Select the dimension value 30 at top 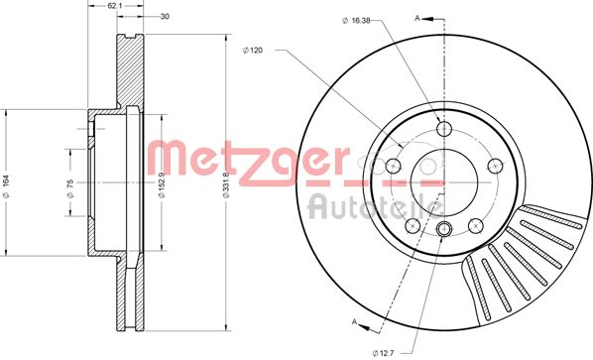(165, 16)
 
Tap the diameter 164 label (6, 186)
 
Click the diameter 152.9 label (161, 185)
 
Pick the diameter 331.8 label (226, 185)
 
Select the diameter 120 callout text (253, 51)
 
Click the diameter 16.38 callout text (356, 21)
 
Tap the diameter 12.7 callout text (384, 353)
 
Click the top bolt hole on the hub (444, 129)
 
